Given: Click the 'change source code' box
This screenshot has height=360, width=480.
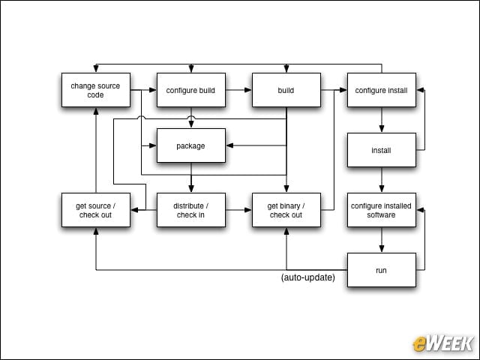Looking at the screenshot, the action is pos(96,90).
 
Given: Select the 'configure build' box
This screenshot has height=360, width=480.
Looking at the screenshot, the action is pos(191,90).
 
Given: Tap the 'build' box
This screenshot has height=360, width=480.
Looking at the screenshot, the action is pos(286,90).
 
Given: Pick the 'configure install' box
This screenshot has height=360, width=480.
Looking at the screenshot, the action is pos(382,90).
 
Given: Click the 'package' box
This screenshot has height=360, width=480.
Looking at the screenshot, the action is pos(191,145).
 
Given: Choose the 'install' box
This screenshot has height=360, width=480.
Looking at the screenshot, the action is pos(382,150).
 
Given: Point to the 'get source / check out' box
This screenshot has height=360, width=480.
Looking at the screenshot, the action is pos(96,210).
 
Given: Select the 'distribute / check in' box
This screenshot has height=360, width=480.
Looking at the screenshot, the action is pos(191,210).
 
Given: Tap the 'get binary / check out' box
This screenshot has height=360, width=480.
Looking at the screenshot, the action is pos(286,210).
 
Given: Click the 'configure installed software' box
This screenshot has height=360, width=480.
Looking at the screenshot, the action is pos(382,210).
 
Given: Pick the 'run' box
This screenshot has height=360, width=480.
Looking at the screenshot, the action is pos(382,270).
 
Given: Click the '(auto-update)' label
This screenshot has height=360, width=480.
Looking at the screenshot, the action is pos(308,277).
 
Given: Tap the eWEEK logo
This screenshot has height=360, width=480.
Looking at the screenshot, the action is pos(442,343).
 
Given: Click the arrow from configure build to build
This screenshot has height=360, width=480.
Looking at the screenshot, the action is pos(238,90).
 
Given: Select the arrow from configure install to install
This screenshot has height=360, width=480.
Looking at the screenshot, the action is pos(382,120).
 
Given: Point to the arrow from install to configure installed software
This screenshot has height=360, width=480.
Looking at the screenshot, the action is pos(382,180).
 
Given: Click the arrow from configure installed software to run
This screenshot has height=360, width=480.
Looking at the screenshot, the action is pos(382,240).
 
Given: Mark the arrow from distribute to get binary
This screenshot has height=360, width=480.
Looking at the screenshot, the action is pos(238,210).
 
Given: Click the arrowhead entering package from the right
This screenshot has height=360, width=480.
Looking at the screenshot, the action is pos(229,145).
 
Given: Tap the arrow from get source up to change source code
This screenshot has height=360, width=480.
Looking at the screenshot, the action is pos(96,150).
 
